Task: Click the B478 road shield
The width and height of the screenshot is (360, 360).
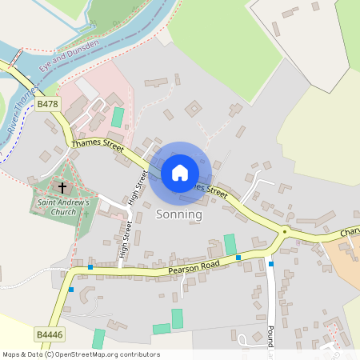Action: pyautogui.click(x=47, y=104)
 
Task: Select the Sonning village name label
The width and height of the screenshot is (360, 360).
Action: pyautogui.click(x=178, y=214)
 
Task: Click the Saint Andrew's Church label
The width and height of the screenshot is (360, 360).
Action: pyautogui.click(x=65, y=207)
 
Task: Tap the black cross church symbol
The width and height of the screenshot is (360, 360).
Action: pyautogui.click(x=62, y=188)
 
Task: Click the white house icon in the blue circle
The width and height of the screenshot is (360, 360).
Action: pyautogui.click(x=179, y=172)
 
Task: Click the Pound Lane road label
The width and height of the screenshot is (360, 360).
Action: pyautogui.click(x=271, y=336)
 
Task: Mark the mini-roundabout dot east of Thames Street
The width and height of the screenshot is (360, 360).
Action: pyautogui.click(x=285, y=233)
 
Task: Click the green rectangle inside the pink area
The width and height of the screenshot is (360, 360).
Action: pyautogui.click(x=118, y=117)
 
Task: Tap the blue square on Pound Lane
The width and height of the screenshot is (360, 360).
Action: pyautogui.click(x=271, y=264)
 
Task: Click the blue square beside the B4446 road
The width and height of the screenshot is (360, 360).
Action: pyautogui.click(x=71, y=290)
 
